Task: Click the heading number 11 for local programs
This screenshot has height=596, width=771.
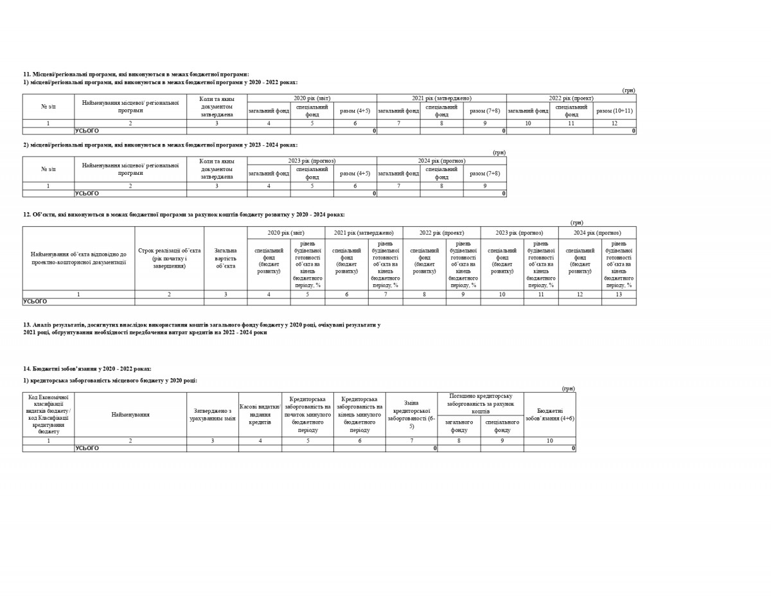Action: pyautogui.click(x=27, y=75)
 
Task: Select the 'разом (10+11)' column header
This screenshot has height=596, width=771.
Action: pyautogui.click(x=614, y=111)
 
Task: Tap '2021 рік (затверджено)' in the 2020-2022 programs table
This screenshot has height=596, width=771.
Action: pyautogui.click(x=441, y=98)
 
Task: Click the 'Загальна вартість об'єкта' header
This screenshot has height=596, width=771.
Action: pyautogui.click(x=226, y=258)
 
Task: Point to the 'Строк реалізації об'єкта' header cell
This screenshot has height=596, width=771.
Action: pyautogui.click(x=169, y=258)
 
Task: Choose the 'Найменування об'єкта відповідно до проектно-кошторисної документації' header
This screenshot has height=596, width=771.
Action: pyautogui.click(x=78, y=258)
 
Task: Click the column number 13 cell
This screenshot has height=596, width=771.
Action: pyautogui.click(x=619, y=294)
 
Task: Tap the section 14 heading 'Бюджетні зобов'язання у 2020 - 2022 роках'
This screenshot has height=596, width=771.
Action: pyautogui.click(x=87, y=368)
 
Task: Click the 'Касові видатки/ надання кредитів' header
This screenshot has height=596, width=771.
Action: pyautogui.click(x=260, y=414)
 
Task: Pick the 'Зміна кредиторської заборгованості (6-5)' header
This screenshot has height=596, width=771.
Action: pyautogui.click(x=411, y=414)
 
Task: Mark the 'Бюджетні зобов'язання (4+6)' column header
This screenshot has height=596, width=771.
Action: pyautogui.click(x=549, y=414)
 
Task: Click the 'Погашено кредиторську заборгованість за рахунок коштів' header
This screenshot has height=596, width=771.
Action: pyautogui.click(x=481, y=403)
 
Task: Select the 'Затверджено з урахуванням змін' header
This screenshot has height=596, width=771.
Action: pyautogui.click(x=213, y=414)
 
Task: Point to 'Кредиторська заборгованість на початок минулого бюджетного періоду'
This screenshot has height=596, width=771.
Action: pyautogui.click(x=308, y=414)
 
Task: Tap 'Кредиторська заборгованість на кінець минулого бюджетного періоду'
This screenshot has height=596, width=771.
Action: pyautogui.click(x=359, y=414)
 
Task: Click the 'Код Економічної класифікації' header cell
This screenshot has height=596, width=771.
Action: pyautogui.click(x=48, y=414)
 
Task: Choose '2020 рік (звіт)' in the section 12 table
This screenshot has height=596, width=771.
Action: pyautogui.click(x=286, y=232)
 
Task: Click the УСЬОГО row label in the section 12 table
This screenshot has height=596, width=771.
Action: pyautogui.click(x=35, y=301)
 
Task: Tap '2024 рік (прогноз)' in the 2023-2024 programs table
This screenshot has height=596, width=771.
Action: pyautogui.click(x=441, y=160)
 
